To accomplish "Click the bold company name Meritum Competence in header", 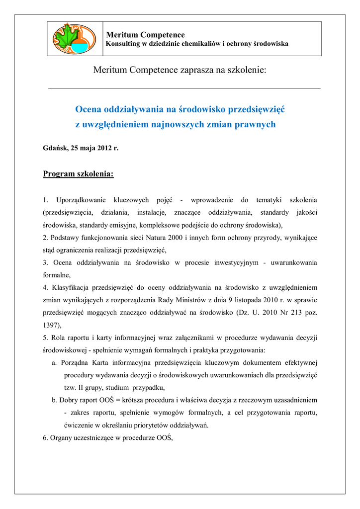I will (x=146, y=35).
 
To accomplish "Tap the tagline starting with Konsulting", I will (x=197, y=44).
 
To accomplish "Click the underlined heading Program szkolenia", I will (x=79, y=174).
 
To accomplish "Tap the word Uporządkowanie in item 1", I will (x=81, y=200).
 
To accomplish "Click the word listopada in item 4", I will (x=247, y=300).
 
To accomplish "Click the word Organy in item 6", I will (x=63, y=438).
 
